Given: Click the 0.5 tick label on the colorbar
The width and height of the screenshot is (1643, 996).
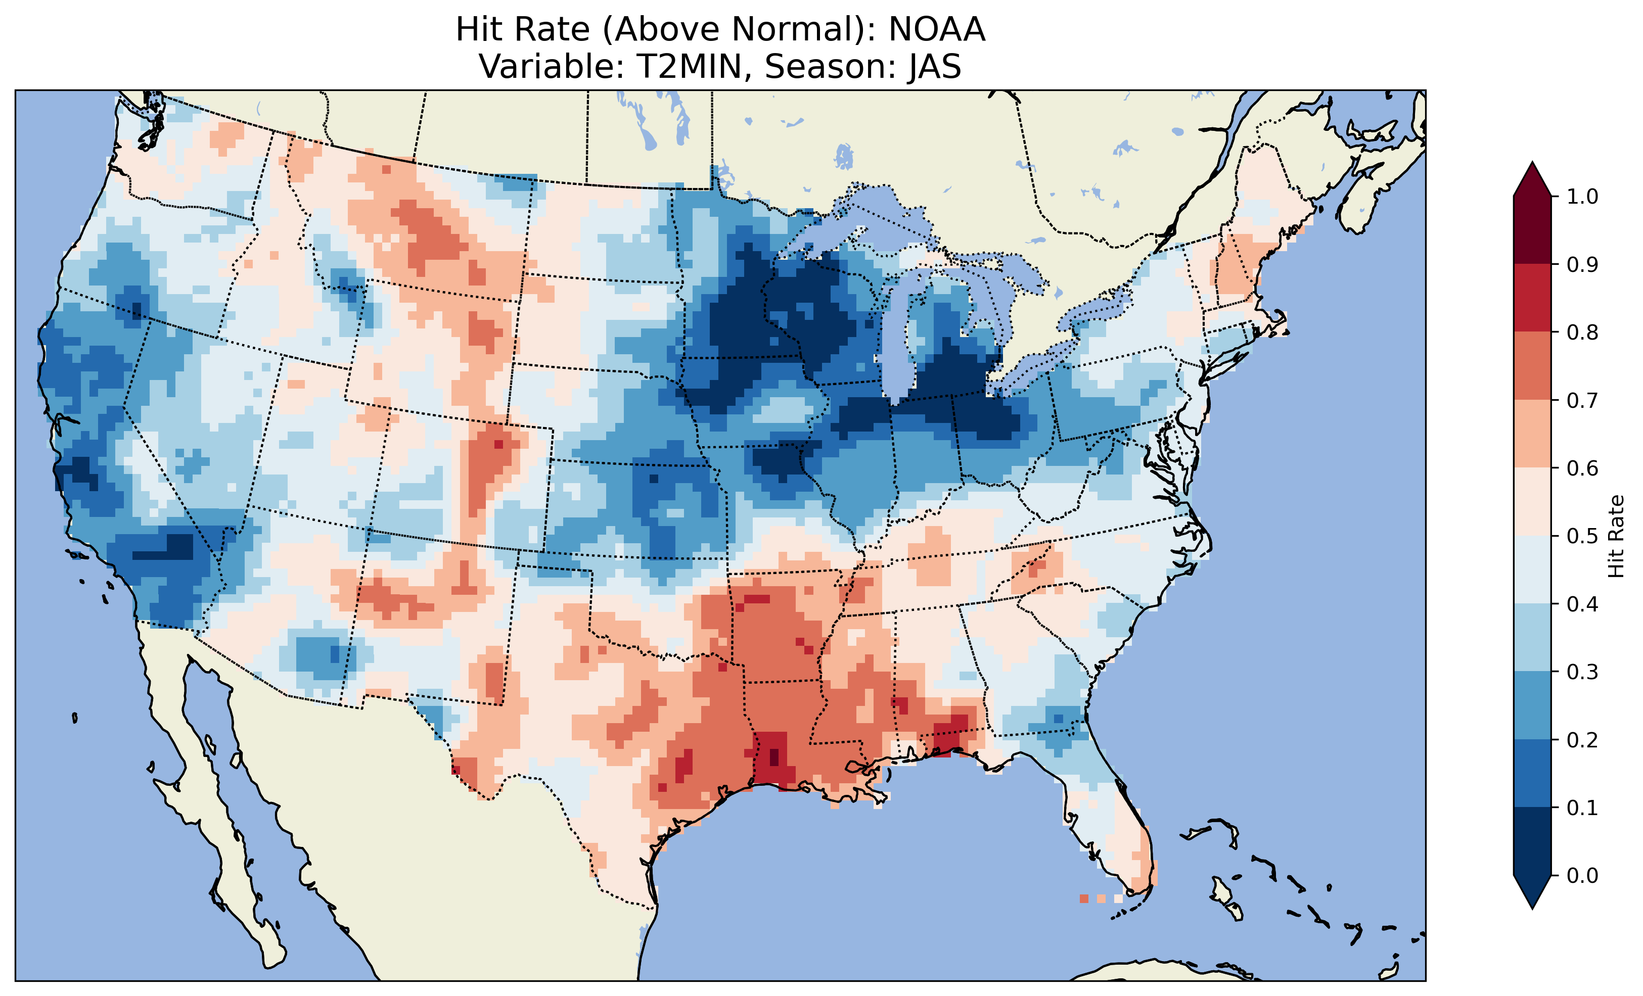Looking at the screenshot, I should (1582, 536).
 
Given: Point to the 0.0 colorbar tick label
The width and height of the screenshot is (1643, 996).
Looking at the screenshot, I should (1582, 875).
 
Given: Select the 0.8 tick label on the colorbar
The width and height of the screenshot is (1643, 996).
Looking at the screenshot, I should (1582, 332).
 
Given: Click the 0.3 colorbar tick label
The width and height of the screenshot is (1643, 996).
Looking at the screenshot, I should (1582, 672).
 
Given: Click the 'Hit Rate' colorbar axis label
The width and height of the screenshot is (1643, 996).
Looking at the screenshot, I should (1616, 536).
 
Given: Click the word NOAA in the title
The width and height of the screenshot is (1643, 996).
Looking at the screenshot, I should (936, 30).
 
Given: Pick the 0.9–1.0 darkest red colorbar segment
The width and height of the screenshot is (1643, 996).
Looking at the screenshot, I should (1532, 230).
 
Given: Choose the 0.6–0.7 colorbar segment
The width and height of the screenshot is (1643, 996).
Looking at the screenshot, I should (1532, 434).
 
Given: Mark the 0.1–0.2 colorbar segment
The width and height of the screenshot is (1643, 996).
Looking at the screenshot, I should (1532, 773).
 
